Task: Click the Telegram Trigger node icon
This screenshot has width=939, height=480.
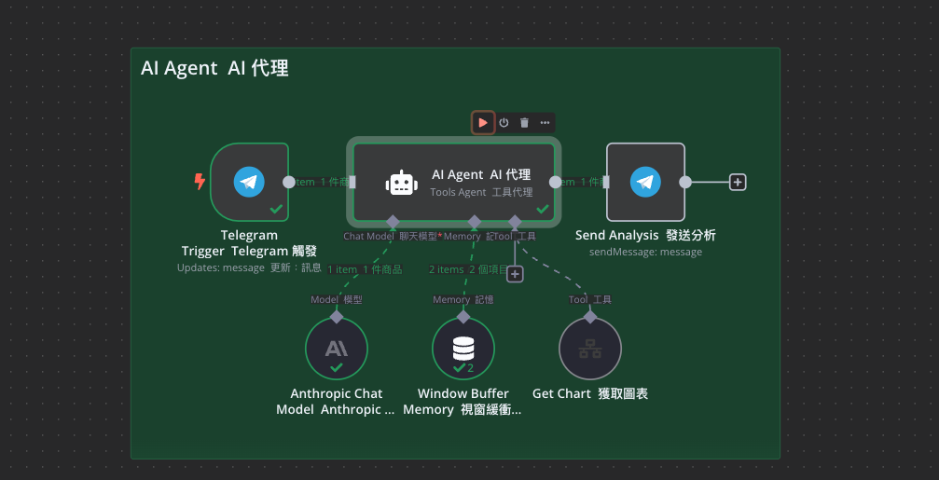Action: pyautogui.click(x=249, y=182)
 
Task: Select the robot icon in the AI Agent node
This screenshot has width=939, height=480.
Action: pyautogui.click(x=401, y=183)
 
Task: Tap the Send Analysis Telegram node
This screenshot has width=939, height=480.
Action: pyautogui.click(x=645, y=182)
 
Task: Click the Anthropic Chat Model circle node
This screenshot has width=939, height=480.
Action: pyautogui.click(x=337, y=349)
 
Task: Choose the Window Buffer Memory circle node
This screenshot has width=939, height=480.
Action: pyautogui.click(x=463, y=349)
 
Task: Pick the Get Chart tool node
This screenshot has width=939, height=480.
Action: pyautogui.click(x=589, y=349)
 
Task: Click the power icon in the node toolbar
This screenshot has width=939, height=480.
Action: pyautogui.click(x=504, y=122)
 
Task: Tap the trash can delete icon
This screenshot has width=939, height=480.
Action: pyautogui.click(x=524, y=122)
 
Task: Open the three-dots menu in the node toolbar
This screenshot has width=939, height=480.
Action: pyautogui.click(x=545, y=122)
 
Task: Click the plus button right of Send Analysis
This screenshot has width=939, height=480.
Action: pyautogui.click(x=738, y=182)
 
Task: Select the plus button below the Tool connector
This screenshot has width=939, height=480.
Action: pyautogui.click(x=515, y=274)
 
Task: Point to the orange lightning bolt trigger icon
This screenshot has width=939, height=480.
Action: pyautogui.click(x=199, y=182)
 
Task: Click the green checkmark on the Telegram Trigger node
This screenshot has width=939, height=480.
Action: pyautogui.click(x=276, y=209)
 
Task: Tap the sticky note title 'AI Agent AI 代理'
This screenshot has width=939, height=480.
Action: pyautogui.click(x=214, y=68)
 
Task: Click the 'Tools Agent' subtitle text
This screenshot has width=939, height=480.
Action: pyautogui.click(x=458, y=192)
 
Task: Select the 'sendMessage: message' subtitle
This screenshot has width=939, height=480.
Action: pyautogui.click(x=645, y=252)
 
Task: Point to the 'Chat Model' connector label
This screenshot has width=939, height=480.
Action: pyautogui.click(x=368, y=237)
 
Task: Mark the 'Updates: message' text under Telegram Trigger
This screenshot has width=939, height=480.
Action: pyautogui.click(x=220, y=267)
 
